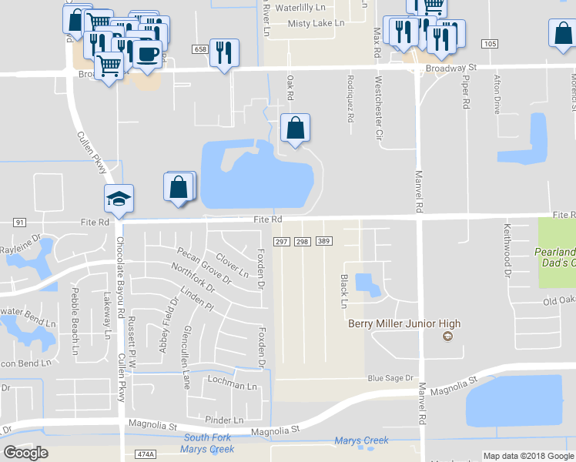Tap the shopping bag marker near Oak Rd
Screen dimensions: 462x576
coord(296,128)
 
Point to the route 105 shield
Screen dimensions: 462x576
coord(490,43)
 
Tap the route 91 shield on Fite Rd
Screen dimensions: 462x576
coord(19,222)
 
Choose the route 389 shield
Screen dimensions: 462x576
coord(323,242)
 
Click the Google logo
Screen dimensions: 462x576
coord(26,453)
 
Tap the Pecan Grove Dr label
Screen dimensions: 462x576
coord(204,266)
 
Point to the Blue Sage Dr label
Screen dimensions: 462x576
coord(390,378)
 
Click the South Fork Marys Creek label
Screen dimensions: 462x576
coord(209,444)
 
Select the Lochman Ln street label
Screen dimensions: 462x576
coord(231,386)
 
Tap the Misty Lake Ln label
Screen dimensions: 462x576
coord(316,24)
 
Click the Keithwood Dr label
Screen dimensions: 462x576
coord(507,250)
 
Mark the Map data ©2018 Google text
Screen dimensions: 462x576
coord(527,456)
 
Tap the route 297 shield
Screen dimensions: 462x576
coord(281,242)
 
